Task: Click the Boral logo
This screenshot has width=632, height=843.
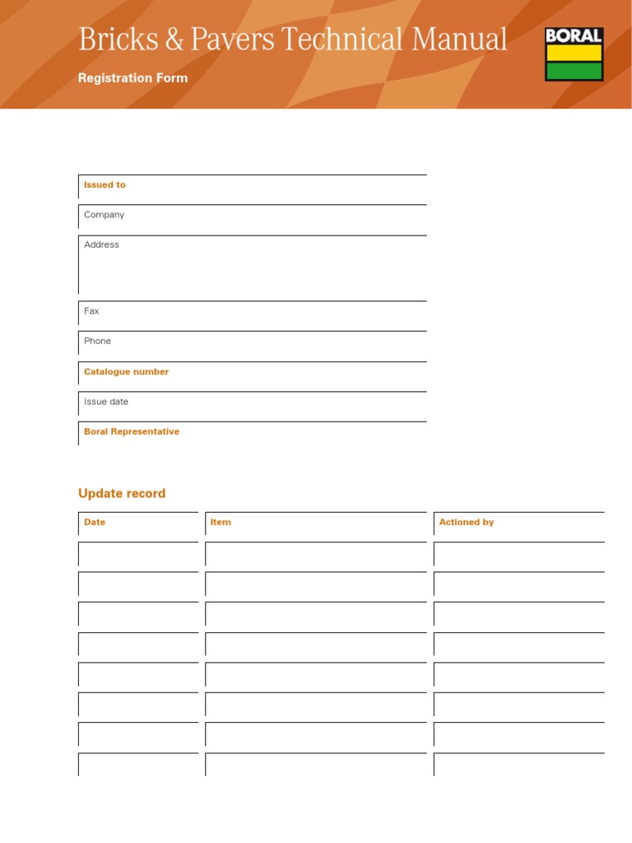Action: [574, 54]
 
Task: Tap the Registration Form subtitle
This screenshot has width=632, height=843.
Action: [132, 78]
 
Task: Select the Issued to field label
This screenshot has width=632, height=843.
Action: [105, 185]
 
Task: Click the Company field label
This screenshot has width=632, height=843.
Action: [104, 215]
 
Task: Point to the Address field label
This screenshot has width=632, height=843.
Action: [101, 245]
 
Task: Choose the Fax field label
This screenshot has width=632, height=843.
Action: [91, 311]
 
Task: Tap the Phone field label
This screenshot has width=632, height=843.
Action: [97, 341]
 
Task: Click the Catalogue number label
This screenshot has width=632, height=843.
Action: [126, 372]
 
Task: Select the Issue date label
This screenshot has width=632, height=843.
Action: [106, 402]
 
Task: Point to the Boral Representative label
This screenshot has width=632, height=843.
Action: [132, 431]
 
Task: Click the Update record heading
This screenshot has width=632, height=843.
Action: [122, 493]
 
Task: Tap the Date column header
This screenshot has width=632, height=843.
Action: [95, 522]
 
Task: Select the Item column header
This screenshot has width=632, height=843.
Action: [221, 522]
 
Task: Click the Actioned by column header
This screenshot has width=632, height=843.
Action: [467, 522]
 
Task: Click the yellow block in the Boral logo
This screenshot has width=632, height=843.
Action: [574, 54]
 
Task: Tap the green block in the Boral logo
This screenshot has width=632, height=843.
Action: [574, 71]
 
